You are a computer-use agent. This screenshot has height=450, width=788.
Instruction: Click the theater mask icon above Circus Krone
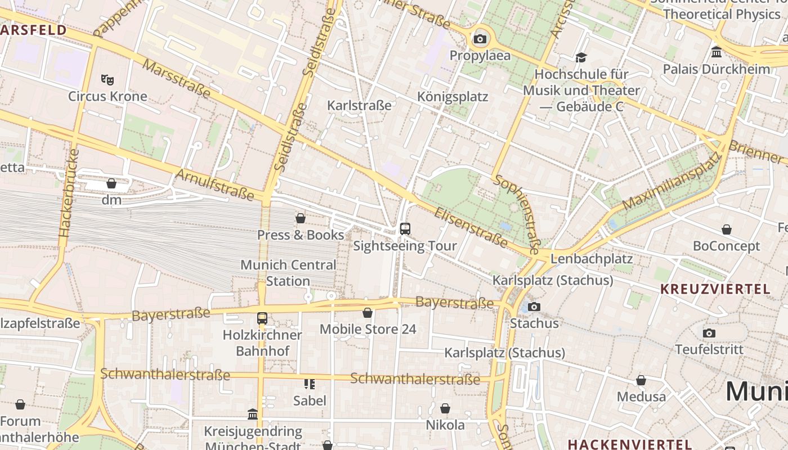point(107,79)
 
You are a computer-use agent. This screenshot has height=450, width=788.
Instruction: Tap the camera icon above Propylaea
point(480,39)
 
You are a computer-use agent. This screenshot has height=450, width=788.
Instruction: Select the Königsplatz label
point(453,97)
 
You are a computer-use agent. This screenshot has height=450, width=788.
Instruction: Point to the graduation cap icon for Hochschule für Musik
point(581,57)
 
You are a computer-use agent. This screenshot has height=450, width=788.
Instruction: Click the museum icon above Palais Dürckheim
point(717,52)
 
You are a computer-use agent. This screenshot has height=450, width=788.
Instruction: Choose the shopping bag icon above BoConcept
point(727,229)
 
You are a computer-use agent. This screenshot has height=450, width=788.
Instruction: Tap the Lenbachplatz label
point(592,259)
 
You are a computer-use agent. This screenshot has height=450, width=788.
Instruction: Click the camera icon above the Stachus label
point(534,307)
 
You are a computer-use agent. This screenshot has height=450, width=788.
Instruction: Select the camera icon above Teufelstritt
point(709,333)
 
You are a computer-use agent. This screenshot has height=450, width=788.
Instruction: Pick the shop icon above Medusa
point(641,380)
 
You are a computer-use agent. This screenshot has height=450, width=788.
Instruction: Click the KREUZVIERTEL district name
point(715,289)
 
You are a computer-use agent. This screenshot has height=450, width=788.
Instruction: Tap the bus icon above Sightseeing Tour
point(405,228)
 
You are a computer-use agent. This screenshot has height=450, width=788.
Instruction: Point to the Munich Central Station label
point(288,273)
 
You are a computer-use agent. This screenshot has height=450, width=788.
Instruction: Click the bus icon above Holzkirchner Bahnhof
point(262,318)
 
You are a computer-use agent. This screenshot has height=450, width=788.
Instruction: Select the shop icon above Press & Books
point(301,218)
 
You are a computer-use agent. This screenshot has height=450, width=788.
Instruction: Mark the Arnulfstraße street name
point(214,184)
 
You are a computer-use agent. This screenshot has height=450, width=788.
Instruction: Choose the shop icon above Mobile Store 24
point(368,313)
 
